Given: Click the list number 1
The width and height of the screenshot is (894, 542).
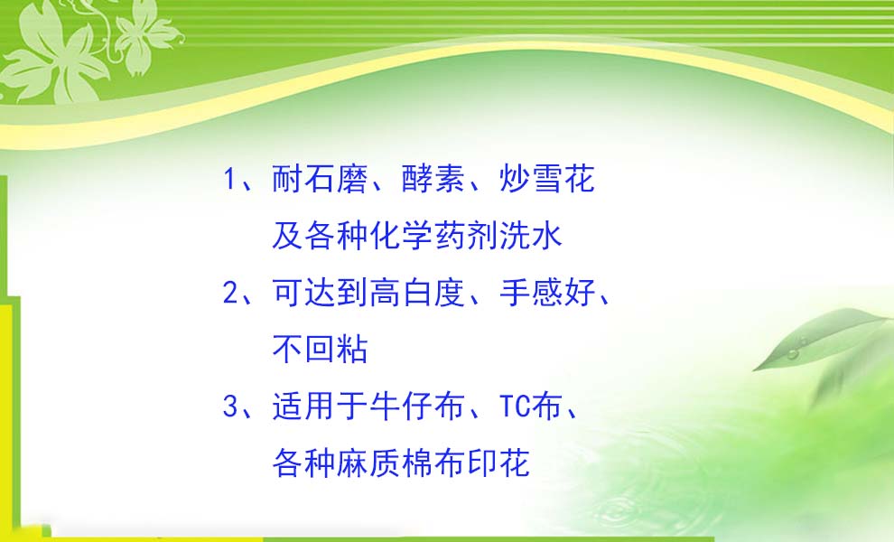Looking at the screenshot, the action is click(x=229, y=179).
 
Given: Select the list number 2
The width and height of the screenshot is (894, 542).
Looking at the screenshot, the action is click(x=229, y=294).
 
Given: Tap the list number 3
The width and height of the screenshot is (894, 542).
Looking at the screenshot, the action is click(x=229, y=406).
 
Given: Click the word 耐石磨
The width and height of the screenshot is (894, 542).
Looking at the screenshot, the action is click(x=320, y=179).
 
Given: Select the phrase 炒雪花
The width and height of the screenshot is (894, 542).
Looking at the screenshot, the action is click(x=546, y=179).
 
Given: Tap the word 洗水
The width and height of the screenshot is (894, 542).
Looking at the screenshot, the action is click(x=531, y=236).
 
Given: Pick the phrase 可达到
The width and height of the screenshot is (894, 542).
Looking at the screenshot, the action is click(x=320, y=293).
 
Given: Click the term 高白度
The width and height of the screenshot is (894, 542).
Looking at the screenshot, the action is click(x=417, y=293).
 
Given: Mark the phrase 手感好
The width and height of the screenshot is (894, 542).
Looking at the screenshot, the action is click(x=546, y=293).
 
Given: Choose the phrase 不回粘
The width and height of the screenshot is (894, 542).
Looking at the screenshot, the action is click(x=320, y=350).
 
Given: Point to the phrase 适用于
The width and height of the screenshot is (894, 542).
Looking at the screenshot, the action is click(x=320, y=406).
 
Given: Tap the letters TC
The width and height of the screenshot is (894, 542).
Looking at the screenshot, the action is click(x=515, y=406).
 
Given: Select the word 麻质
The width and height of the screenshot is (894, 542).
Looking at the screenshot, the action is click(x=368, y=463).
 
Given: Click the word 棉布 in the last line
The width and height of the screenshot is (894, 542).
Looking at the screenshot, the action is click(x=433, y=463).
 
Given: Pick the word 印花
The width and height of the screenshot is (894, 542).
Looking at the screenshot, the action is click(x=498, y=463).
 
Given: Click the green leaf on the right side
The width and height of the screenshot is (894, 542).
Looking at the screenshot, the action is click(x=821, y=337).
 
